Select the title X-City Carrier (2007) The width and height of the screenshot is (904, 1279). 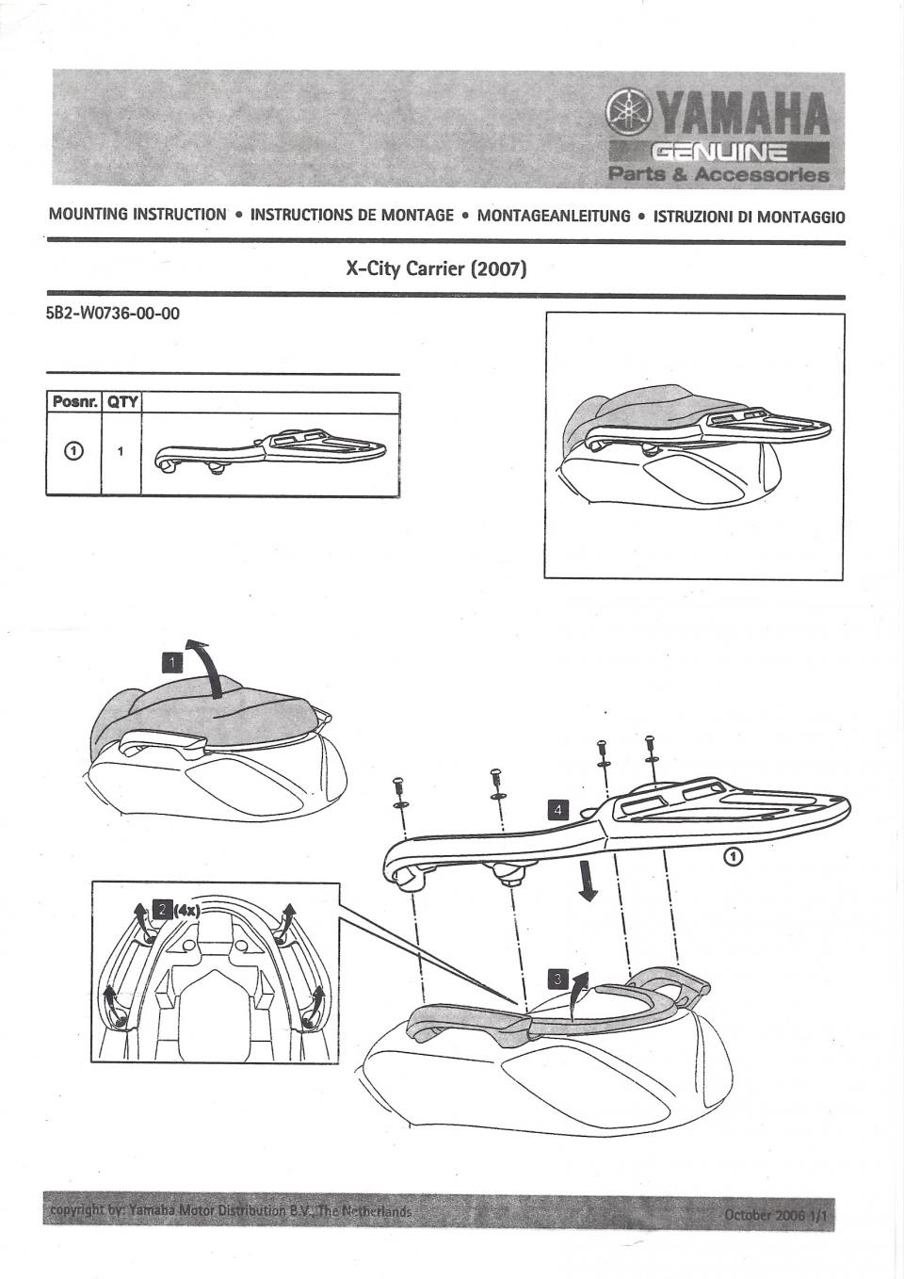pos(436,268)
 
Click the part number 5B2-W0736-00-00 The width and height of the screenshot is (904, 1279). pos(113,314)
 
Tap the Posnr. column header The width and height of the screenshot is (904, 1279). pos(73,402)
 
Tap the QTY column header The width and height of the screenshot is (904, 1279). pos(121,402)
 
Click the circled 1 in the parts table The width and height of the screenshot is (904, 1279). pos(73,450)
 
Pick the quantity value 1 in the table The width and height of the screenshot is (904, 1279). pos(121,451)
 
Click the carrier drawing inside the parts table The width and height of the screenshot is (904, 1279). pos(269,451)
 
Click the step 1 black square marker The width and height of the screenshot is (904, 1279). pos(171,663)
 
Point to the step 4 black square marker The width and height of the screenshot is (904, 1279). pos(558,810)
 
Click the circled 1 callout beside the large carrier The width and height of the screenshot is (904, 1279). pos(735,856)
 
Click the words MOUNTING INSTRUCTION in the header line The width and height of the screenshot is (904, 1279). pos(137,215)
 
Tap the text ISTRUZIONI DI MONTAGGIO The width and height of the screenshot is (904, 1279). pos(749,217)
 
